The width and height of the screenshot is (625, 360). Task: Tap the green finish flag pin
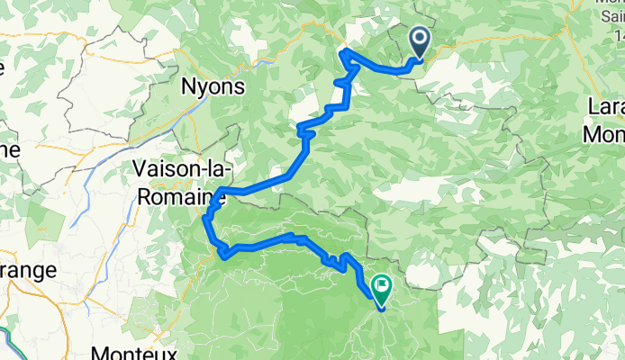[381, 289]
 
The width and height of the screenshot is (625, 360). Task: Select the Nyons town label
[213, 87]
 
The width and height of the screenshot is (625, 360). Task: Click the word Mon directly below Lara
[604, 133]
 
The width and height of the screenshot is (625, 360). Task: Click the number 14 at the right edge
[616, 35]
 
